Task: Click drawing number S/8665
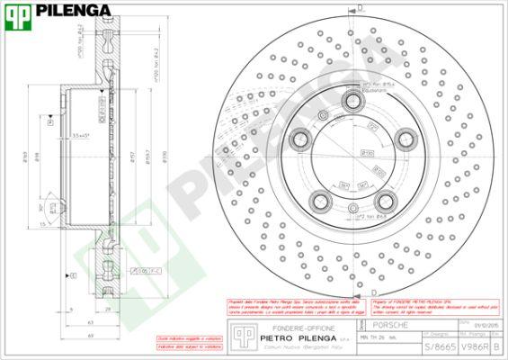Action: tap(439, 346)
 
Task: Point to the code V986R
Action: tap(474, 346)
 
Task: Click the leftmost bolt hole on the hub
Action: tap(299, 139)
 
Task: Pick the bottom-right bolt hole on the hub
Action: tap(386, 201)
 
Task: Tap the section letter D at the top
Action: tap(361, 7)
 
